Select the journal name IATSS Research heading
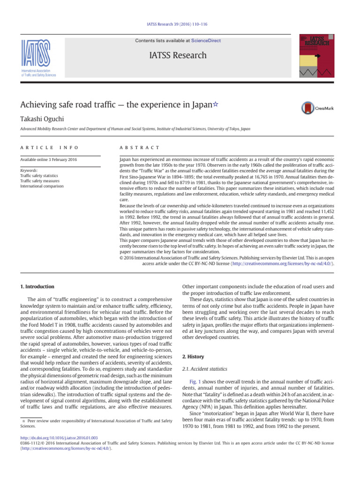(178, 55)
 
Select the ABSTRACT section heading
(140, 148)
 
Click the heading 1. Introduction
(37, 286)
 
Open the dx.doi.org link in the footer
(59, 437)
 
